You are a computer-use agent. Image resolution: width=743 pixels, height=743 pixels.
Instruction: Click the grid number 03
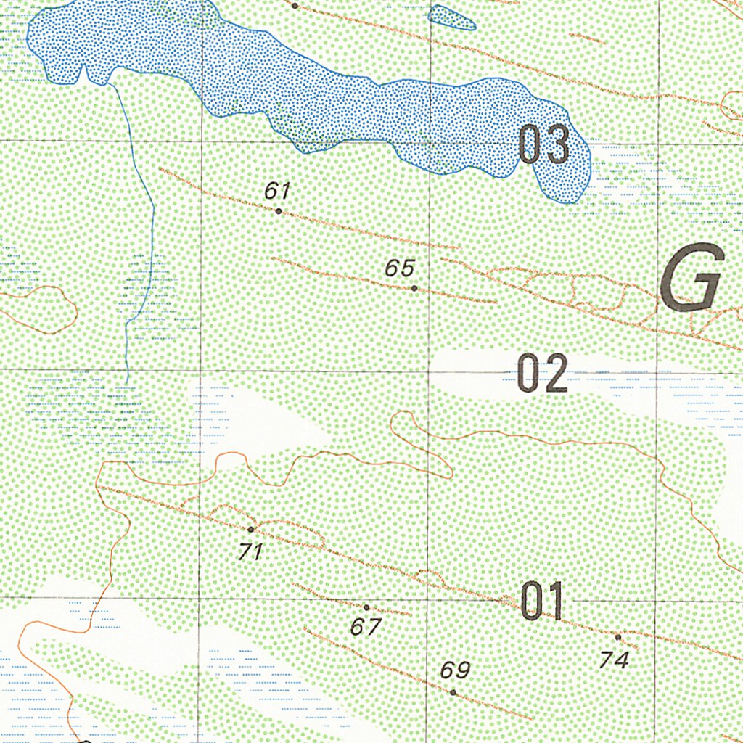tap(543, 145)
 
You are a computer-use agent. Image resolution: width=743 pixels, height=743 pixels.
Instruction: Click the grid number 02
tap(542, 375)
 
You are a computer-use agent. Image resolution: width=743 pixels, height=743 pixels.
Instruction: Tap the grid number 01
tap(543, 602)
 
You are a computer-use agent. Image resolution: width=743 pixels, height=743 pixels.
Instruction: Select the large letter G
tap(694, 278)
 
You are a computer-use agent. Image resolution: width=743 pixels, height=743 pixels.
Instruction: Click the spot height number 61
tap(277, 192)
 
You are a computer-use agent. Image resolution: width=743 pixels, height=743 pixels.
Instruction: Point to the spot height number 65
tap(400, 268)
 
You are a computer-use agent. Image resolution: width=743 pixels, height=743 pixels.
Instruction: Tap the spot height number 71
tap(250, 552)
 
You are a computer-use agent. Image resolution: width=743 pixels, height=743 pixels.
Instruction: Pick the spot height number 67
tap(366, 626)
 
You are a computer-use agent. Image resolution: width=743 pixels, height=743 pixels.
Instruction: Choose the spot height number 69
tap(455, 670)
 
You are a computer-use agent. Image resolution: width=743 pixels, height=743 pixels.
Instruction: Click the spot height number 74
tap(614, 660)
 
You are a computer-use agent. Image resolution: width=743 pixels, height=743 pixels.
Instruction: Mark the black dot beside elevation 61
tap(279, 211)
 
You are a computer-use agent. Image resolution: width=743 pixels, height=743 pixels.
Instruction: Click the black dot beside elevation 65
tap(414, 288)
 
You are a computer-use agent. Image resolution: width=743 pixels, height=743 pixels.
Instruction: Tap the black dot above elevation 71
tap(251, 530)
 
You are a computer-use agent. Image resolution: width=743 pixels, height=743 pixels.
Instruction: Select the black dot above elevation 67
tap(366, 607)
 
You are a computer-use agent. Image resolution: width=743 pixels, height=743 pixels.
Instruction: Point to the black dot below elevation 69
tap(453, 692)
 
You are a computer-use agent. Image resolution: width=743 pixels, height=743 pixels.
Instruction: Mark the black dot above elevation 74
tap(618, 637)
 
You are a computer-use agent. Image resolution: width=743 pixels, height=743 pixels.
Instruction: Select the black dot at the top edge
tap(295, 5)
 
